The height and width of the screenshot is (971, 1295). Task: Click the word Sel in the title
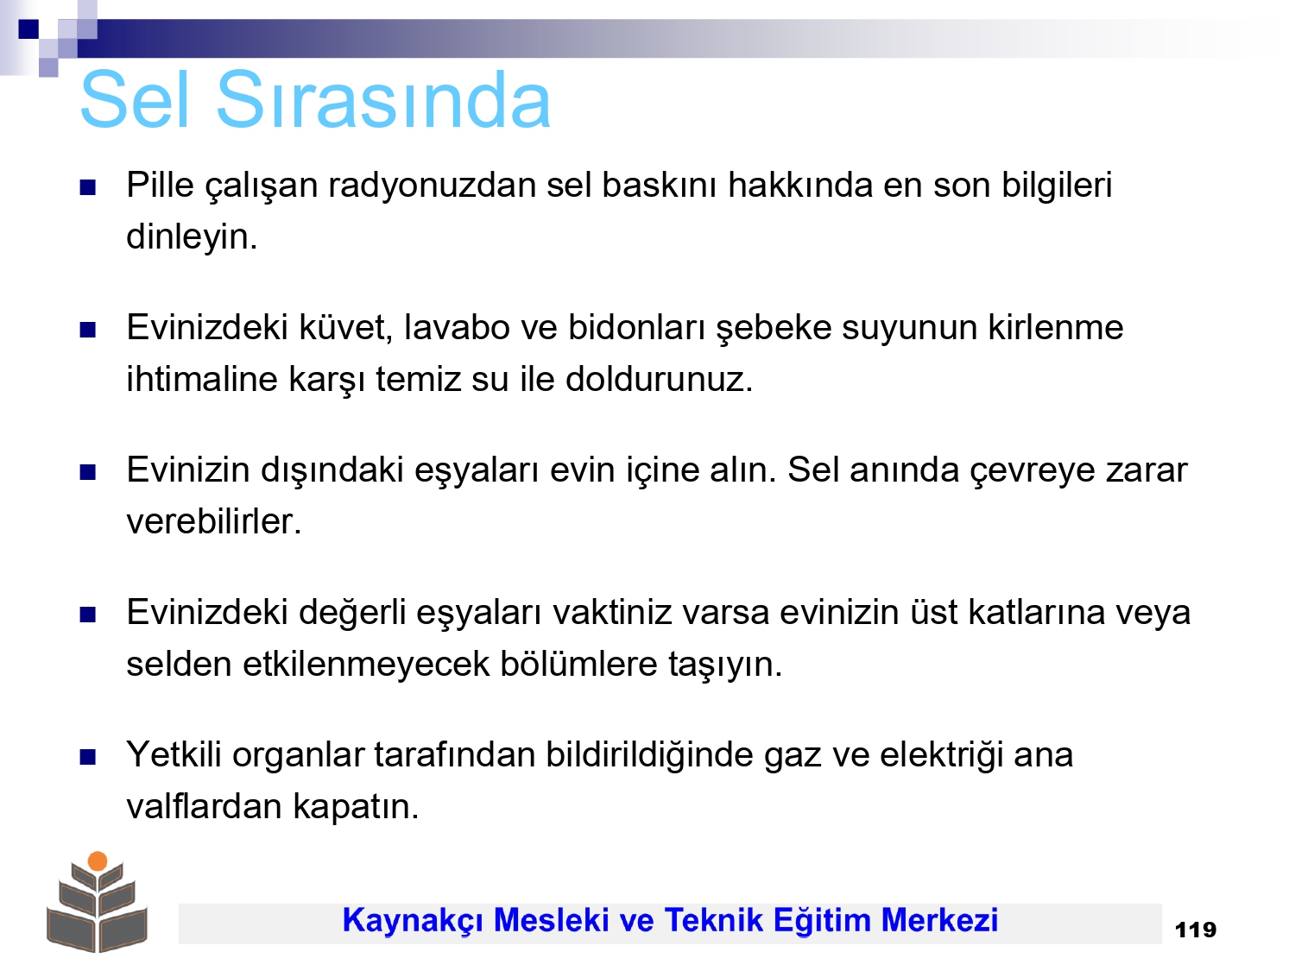click(x=135, y=99)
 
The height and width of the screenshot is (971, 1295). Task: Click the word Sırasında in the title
click(x=383, y=99)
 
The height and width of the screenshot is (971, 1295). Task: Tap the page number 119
click(x=1196, y=930)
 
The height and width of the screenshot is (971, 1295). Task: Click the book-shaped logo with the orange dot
click(x=97, y=902)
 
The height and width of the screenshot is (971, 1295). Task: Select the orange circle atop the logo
click(x=98, y=861)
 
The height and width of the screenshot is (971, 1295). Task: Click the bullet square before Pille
click(x=87, y=187)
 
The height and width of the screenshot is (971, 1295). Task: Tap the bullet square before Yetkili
click(x=87, y=756)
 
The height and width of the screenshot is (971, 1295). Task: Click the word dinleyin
click(x=192, y=237)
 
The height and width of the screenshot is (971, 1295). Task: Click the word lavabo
click(x=457, y=327)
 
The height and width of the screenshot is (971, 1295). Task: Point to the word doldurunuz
click(x=659, y=379)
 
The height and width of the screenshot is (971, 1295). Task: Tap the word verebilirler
click(x=213, y=521)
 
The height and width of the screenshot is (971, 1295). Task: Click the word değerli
click(x=352, y=614)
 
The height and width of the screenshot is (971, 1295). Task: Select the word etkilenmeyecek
click(x=366, y=664)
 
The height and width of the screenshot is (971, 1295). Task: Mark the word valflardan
click(x=204, y=806)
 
